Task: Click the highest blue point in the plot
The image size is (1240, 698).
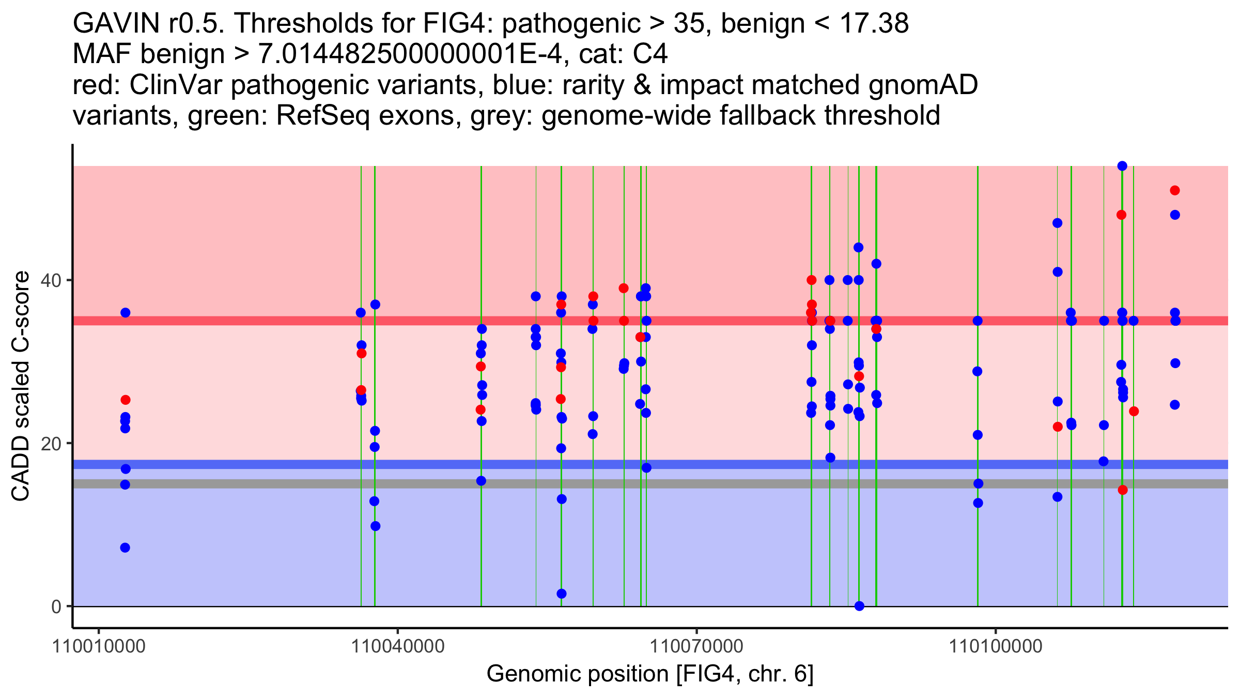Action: point(1122,166)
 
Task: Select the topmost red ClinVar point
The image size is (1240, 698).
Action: point(1175,190)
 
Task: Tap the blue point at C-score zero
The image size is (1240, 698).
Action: point(859,606)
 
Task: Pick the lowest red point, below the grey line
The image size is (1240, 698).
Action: point(1123,490)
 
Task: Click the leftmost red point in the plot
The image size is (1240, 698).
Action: point(126,400)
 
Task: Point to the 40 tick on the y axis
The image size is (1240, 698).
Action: point(70,280)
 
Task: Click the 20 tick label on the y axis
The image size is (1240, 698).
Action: point(52,443)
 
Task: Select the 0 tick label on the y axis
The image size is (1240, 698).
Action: point(57,606)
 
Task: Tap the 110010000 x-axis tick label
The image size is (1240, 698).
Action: point(99,646)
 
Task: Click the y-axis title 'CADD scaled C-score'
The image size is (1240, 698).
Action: point(21,386)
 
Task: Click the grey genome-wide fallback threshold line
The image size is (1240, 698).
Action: point(650,483)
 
